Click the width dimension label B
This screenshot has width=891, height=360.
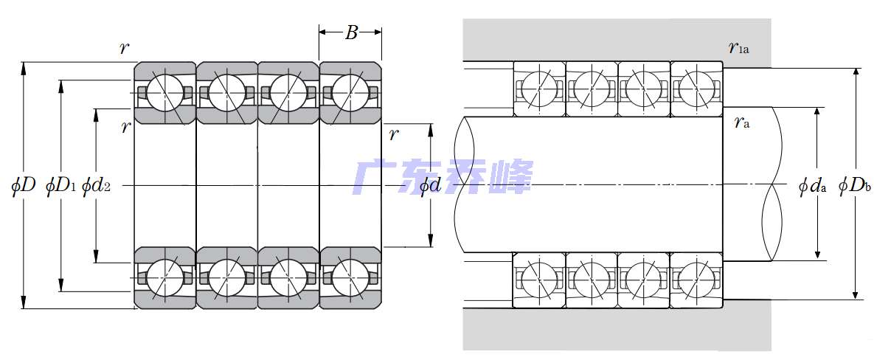point(351,32)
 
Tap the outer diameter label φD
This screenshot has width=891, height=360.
point(24,185)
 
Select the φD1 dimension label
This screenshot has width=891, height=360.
point(60,185)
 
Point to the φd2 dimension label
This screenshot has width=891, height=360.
point(97,185)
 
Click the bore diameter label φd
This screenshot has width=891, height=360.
point(430,185)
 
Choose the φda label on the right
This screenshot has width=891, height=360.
point(812,185)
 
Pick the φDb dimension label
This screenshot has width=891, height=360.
point(856,185)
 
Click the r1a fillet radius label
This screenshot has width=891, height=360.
point(738,49)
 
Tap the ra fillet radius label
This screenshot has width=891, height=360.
point(741,122)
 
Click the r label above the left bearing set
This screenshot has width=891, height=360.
point(125,49)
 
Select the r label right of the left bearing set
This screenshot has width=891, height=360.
point(394,134)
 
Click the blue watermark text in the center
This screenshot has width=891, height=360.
point(443,177)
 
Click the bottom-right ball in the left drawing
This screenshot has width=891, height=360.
point(350,277)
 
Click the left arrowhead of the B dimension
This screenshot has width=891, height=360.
point(322,32)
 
